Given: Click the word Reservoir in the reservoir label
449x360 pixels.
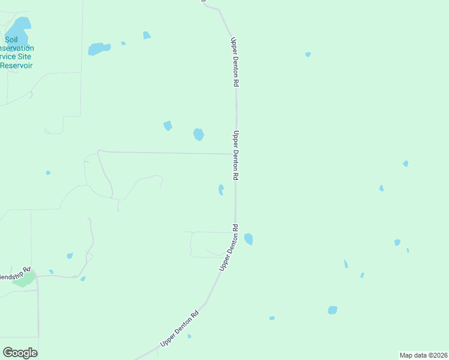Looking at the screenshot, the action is point(16,65).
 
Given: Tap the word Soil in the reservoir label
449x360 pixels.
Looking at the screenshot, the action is point(11,40).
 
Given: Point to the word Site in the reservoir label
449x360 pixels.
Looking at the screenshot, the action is point(24,57).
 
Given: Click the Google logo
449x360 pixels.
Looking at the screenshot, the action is point(20,353).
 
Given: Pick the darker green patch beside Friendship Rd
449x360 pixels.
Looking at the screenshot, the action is point(25,279).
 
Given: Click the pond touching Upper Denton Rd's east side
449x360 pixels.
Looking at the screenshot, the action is point(249,239).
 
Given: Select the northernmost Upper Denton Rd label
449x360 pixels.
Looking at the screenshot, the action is point(234,62).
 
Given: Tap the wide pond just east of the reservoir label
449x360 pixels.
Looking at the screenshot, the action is point(99,49).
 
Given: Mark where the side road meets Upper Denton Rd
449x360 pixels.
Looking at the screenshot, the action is point(235,154).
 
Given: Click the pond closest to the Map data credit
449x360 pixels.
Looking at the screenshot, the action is point(333,310).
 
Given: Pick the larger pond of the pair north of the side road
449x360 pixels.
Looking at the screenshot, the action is point(198,134).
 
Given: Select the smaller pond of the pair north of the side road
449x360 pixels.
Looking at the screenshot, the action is point(167,125).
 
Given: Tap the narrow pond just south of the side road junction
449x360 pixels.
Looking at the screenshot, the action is point(221,190).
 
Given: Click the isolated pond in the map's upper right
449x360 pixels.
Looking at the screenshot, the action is point(308,55).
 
